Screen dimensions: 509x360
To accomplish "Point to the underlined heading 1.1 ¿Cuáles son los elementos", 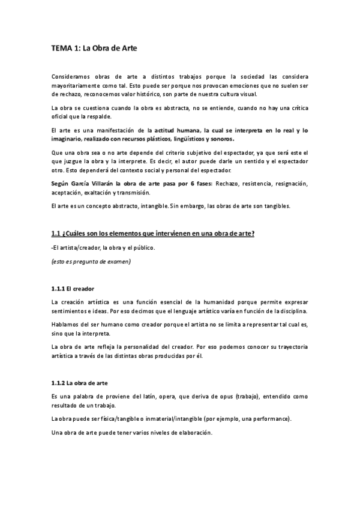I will click(x=153, y=233).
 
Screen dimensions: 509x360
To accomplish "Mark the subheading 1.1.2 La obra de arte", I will click(x=81, y=382).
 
